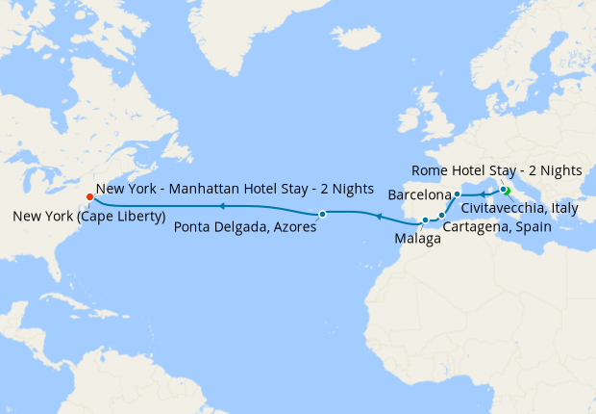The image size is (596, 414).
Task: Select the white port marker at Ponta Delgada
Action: point(323,214)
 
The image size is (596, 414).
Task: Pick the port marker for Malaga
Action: point(425,220)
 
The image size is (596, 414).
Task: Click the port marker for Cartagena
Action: point(441,215)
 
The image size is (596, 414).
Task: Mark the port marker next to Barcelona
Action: point(458,194)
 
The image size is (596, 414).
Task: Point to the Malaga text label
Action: point(417,239)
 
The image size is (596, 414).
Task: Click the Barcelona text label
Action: point(419,194)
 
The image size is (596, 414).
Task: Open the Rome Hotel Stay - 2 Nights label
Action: point(497,170)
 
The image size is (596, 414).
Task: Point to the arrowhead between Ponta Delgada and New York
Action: point(220,206)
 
